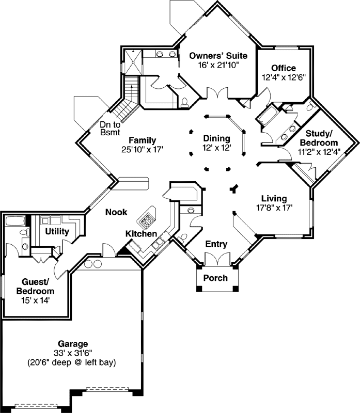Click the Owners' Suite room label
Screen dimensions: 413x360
click(218, 56)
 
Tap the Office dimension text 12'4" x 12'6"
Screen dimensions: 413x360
click(283, 77)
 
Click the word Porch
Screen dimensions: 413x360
click(215, 278)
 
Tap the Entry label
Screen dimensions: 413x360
click(216, 244)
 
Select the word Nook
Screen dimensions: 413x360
click(116, 212)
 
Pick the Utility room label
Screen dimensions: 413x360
click(56, 231)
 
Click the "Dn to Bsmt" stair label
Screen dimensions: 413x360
click(109, 129)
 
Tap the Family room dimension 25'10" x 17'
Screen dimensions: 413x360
click(142, 150)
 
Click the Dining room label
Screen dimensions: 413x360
click(216, 138)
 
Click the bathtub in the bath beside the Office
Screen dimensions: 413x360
click(268, 117)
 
